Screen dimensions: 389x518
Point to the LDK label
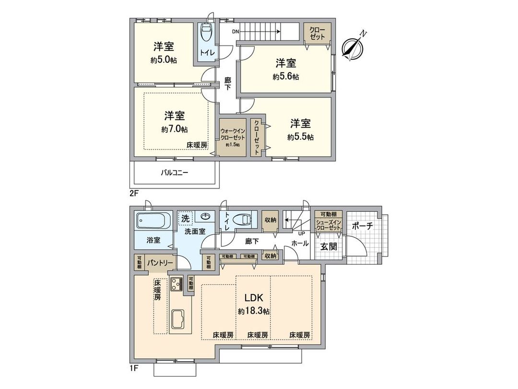pos(254,297)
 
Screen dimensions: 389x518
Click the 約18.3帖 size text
pos(254,311)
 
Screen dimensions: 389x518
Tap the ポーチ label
pos(362,227)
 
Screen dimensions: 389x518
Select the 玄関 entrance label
pos(329,247)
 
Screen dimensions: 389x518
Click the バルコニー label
pos(174,173)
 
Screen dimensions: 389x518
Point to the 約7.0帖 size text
pos(175,129)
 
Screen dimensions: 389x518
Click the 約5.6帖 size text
pos(286,76)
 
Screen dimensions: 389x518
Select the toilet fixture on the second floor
pos(207,33)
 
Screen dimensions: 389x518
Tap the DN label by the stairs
pos(235,32)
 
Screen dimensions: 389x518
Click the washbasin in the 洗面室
pos(207,216)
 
